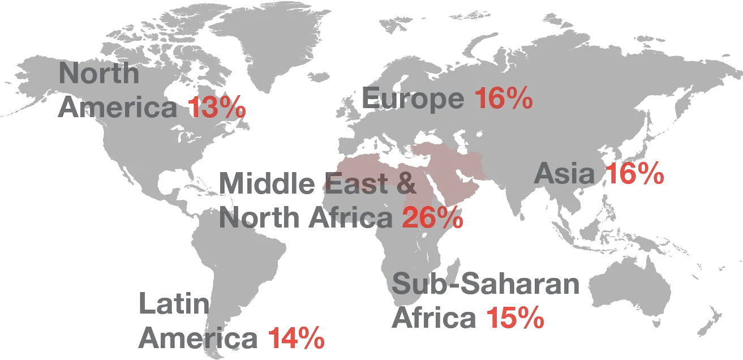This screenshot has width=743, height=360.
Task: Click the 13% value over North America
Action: (216, 108)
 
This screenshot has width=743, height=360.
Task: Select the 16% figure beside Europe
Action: (503, 99)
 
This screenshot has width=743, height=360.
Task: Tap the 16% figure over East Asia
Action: (635, 174)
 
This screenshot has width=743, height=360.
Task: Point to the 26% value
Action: (433, 218)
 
